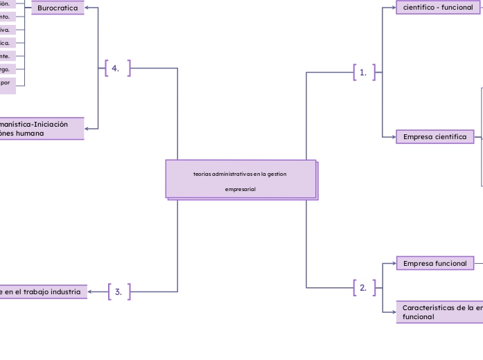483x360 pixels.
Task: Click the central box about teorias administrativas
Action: click(x=240, y=179)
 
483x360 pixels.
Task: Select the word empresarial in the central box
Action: click(x=240, y=189)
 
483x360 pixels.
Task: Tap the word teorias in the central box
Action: click(x=203, y=174)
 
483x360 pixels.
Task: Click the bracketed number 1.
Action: click(x=363, y=72)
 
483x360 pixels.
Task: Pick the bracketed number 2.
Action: click(x=363, y=288)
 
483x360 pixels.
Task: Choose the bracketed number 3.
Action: click(x=118, y=292)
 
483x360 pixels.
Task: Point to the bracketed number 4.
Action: click(x=116, y=68)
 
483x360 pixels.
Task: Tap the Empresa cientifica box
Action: click(x=435, y=137)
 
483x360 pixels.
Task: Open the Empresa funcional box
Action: click(x=435, y=263)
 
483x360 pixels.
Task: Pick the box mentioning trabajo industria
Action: click(x=43, y=292)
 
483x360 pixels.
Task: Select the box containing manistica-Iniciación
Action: click(x=42, y=129)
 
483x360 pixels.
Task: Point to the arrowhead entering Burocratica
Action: click(x=87, y=8)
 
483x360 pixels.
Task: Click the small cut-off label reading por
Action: click(x=7, y=82)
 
